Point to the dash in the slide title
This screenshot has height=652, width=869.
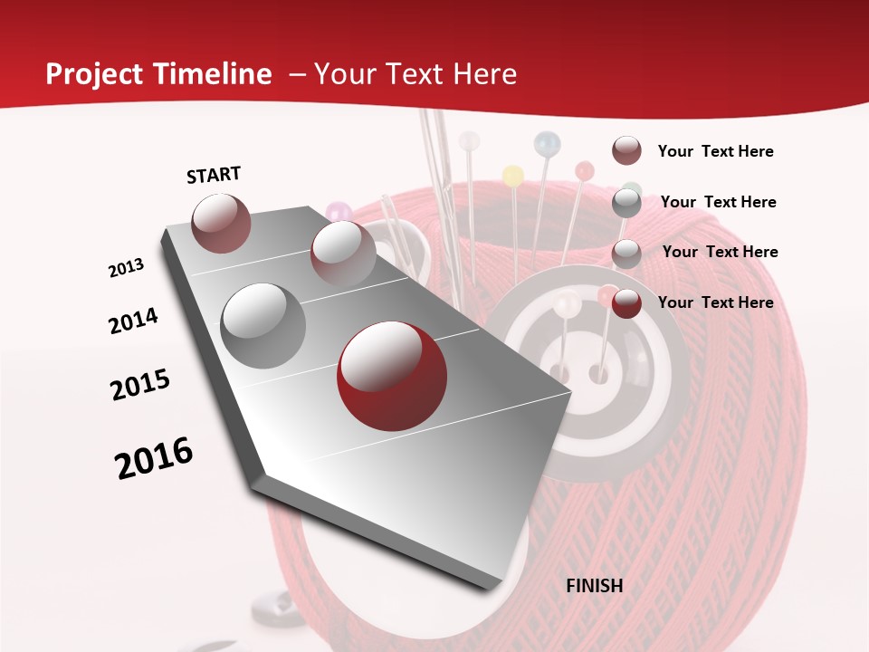(297, 74)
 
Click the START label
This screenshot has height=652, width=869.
(214, 175)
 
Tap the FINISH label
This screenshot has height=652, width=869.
(595, 585)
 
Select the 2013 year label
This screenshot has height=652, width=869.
(126, 267)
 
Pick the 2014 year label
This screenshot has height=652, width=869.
(133, 321)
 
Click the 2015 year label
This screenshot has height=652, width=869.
(140, 385)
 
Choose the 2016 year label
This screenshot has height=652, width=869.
(154, 457)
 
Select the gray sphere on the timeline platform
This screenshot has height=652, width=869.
(263, 325)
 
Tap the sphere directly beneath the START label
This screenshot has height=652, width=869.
(221, 223)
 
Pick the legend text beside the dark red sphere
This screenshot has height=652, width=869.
(715, 302)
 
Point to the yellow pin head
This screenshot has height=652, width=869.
(512, 175)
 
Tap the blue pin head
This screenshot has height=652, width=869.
(547, 143)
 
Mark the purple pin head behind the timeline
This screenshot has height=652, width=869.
(338, 212)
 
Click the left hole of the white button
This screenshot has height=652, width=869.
(560, 371)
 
